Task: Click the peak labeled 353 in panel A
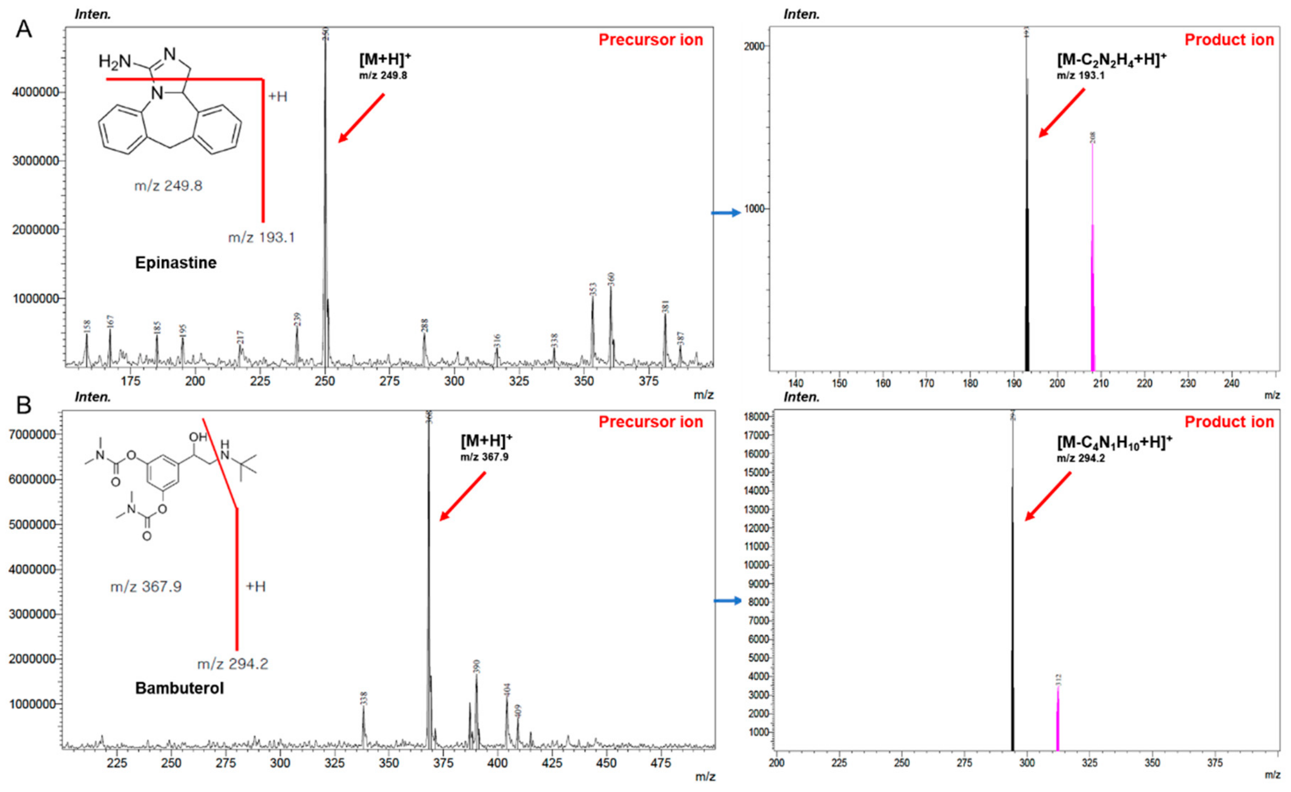(593, 325)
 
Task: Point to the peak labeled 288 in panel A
(424, 346)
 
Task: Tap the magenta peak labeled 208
(1093, 262)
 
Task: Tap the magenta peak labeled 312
(1058, 718)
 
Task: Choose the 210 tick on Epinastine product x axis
(1101, 384)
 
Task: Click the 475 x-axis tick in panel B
(661, 764)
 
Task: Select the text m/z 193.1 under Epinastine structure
(262, 238)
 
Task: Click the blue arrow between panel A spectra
(726, 213)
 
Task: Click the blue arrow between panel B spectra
(728, 601)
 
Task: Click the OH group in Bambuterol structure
(198, 436)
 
